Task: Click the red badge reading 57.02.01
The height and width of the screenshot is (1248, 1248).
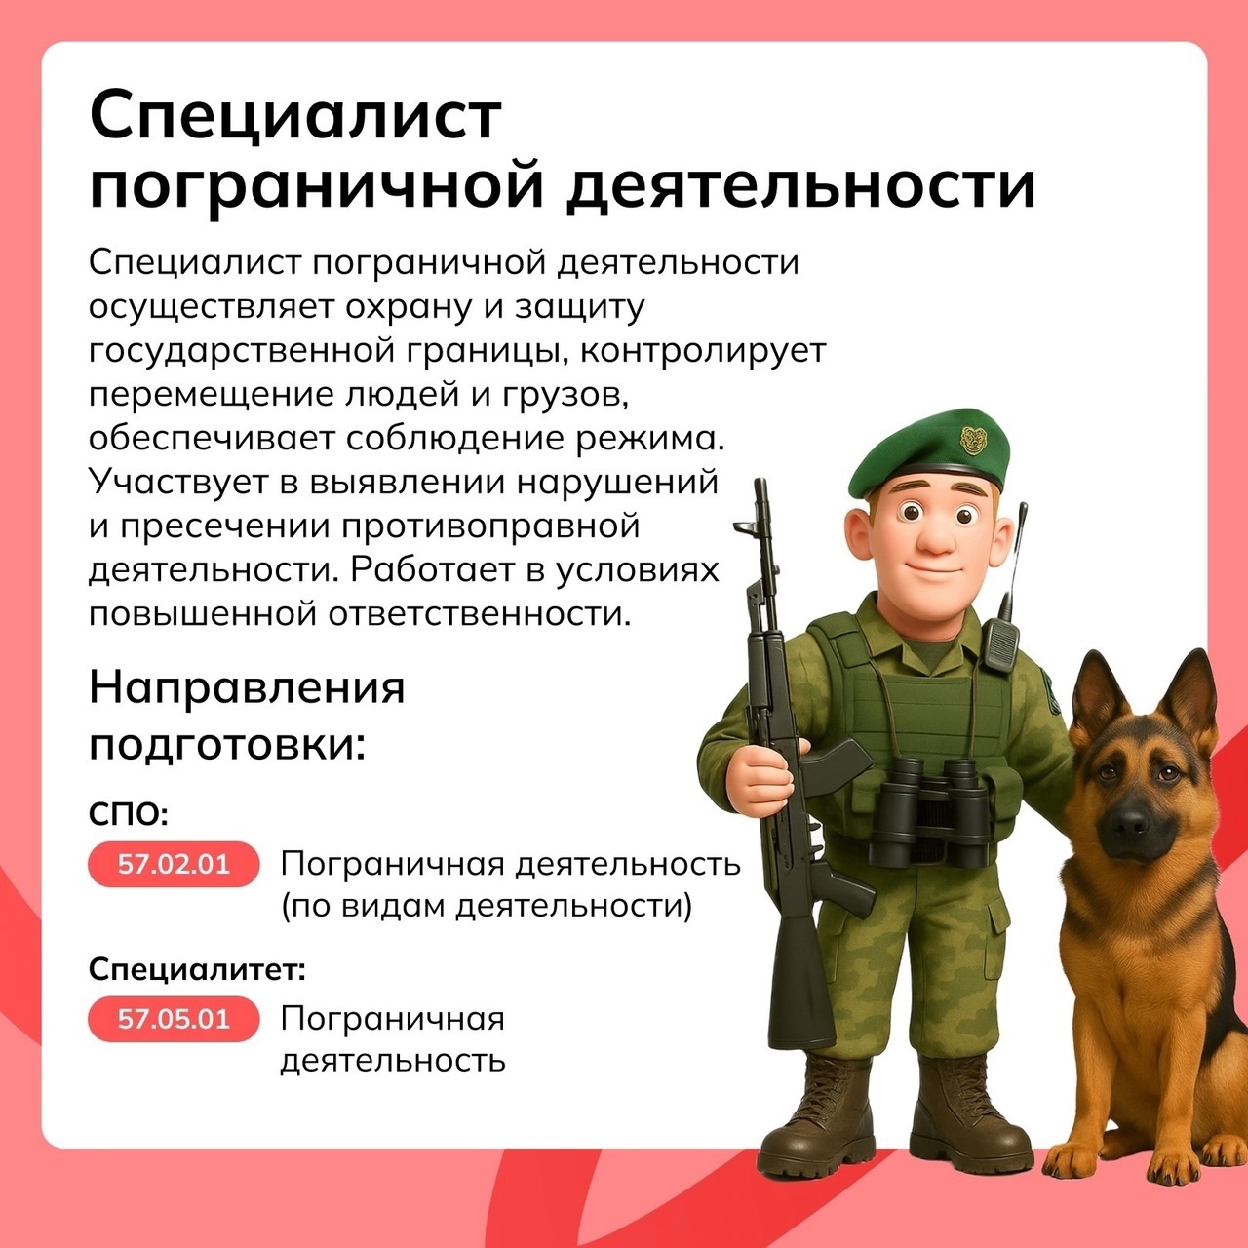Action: tap(174, 864)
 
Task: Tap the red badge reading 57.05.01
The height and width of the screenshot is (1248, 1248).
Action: tap(174, 1019)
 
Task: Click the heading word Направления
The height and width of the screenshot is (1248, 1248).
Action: tap(247, 687)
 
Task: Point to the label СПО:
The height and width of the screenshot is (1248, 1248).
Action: tap(129, 813)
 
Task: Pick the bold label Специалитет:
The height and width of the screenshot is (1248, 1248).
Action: tap(197, 969)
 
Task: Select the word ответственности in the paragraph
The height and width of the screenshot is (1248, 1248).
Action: tap(480, 613)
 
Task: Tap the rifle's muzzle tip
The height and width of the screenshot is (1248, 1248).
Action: tap(761, 484)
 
